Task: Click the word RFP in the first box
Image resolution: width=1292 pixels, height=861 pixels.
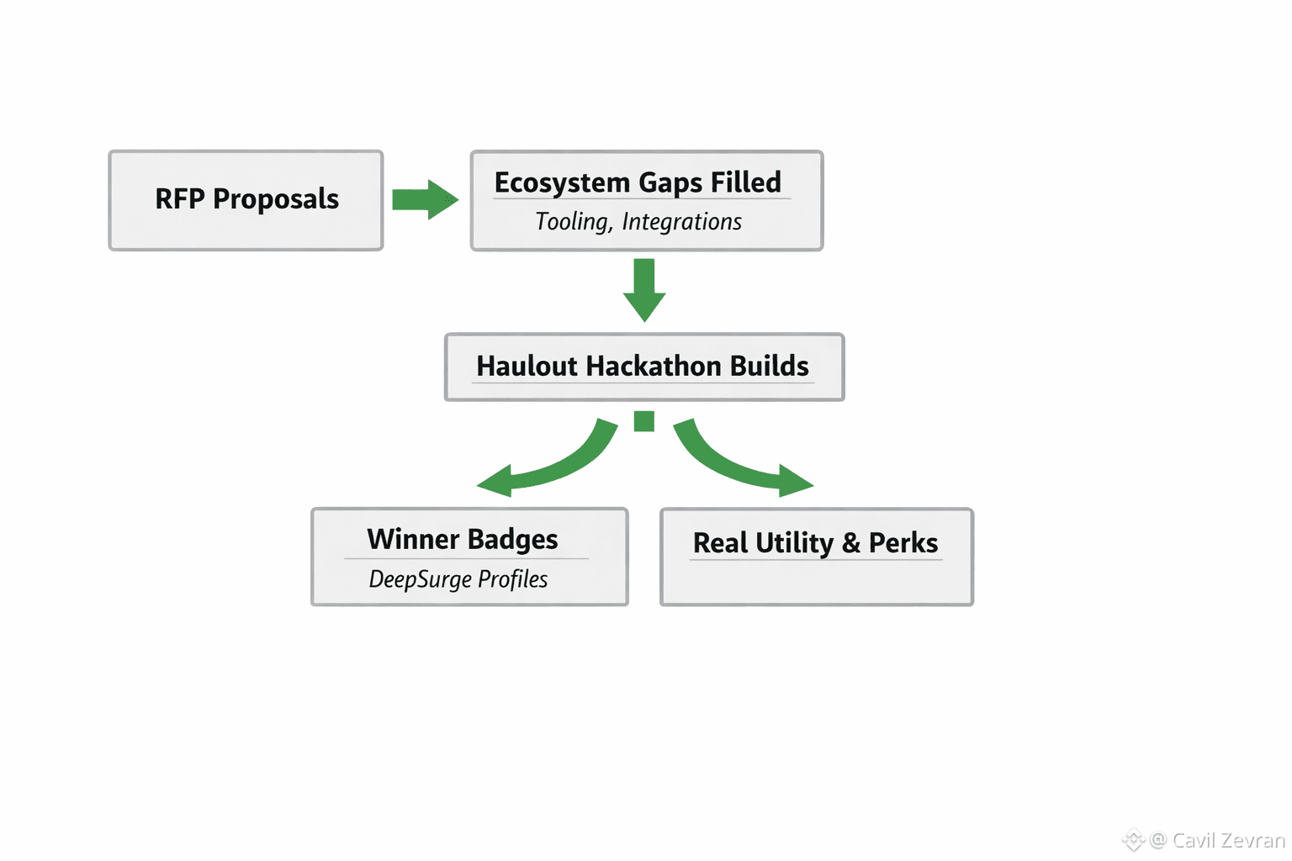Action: [x=180, y=199]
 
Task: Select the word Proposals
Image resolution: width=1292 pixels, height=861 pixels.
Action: [x=276, y=200]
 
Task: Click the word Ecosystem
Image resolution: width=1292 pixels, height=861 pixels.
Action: [x=562, y=183]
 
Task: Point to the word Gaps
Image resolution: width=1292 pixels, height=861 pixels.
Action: [x=670, y=183]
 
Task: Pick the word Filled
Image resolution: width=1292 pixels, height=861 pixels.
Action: [x=746, y=182]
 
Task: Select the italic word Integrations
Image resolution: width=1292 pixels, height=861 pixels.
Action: [x=681, y=222]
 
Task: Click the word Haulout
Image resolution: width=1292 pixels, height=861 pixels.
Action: [x=527, y=367]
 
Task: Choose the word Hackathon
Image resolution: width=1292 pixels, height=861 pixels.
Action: [x=654, y=367]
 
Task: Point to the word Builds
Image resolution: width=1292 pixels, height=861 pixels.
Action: [x=769, y=367]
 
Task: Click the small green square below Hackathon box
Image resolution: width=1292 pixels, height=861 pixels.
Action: [x=644, y=421]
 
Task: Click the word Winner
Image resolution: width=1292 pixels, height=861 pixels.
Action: [x=413, y=539]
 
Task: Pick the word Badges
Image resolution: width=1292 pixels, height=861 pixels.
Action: [x=512, y=540]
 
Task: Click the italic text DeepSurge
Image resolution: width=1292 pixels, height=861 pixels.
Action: [x=420, y=579]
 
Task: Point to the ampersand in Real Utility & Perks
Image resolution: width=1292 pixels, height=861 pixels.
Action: [x=851, y=543]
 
